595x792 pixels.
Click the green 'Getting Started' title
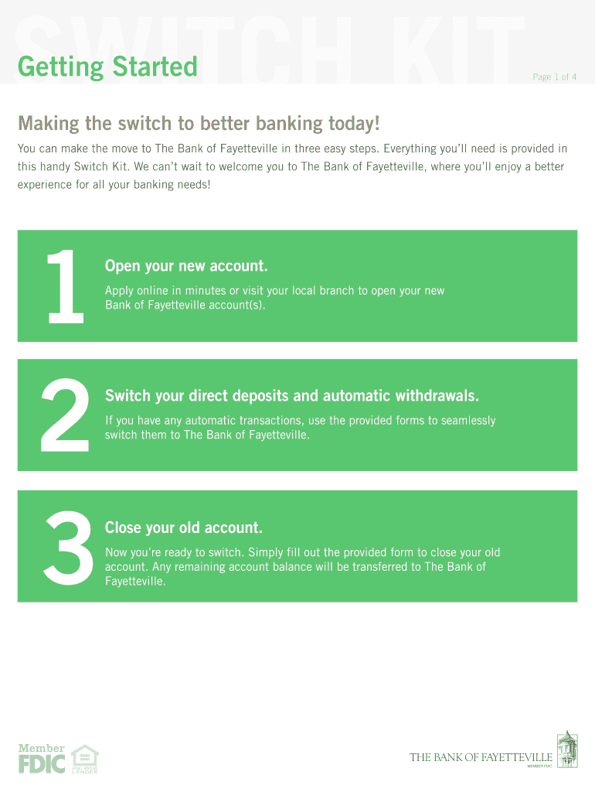tap(107, 67)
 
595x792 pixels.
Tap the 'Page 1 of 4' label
tap(554, 77)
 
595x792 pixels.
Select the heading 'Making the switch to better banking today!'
tap(199, 124)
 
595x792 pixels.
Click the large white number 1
tap(65, 286)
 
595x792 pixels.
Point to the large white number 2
tap(65, 415)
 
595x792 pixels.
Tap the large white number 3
tap(68, 548)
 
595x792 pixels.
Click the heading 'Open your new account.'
tap(186, 266)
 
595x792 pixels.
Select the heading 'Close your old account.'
tap(184, 527)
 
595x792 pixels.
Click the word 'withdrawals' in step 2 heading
tap(437, 395)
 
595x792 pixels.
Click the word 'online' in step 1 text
tap(153, 291)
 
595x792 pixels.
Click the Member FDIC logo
tap(42, 759)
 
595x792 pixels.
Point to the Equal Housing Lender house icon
tap(84, 759)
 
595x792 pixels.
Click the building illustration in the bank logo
tap(567, 749)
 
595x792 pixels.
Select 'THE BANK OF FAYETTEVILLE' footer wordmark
tap(481, 757)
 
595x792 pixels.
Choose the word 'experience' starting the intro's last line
tap(45, 185)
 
